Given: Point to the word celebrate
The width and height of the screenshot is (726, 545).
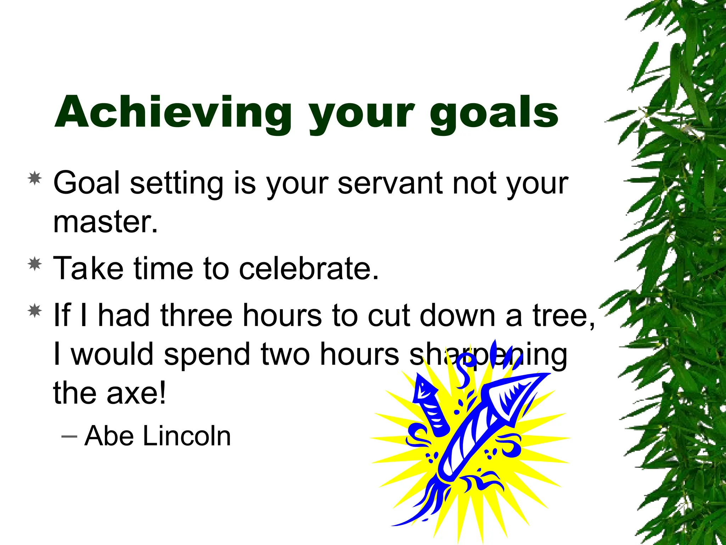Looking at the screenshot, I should (x=309, y=268).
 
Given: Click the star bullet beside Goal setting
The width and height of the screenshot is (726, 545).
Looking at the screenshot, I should (x=35, y=178).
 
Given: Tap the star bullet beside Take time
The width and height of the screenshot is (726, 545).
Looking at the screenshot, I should (x=35, y=264).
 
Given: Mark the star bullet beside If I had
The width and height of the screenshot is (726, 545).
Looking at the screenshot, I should (x=35, y=311).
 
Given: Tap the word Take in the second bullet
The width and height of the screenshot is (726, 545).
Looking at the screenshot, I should (x=88, y=268).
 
